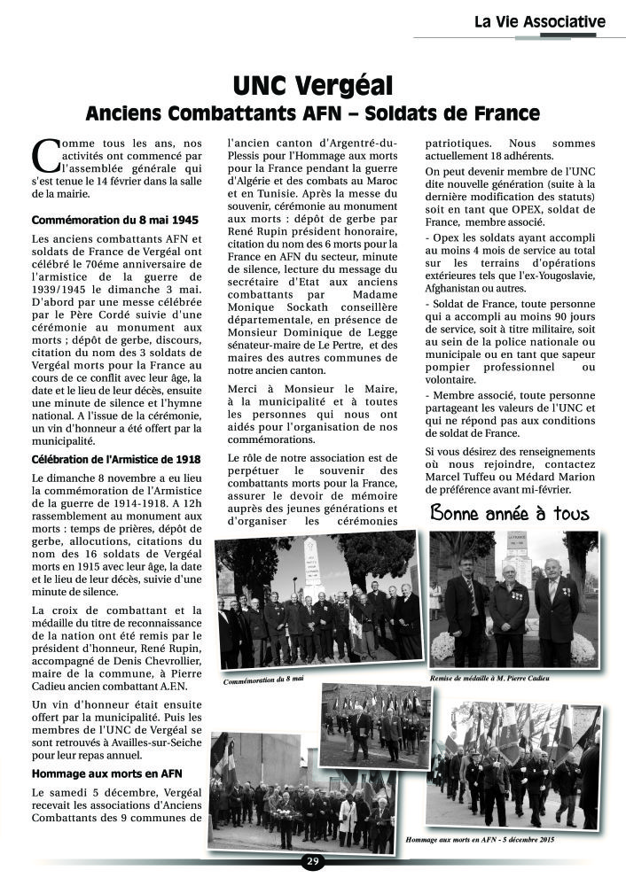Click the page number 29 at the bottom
[x=312, y=861]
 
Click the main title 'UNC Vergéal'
[x=312, y=86]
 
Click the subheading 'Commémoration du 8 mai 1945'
[x=115, y=220]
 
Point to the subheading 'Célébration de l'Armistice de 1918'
[x=116, y=459]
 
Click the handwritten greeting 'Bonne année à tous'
[x=509, y=513]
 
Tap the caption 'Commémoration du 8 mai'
[x=263, y=679]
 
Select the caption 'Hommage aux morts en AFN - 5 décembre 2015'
[x=480, y=838]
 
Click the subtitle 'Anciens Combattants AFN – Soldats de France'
[x=312, y=113]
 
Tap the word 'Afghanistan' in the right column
[x=458, y=288]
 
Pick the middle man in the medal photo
[x=509, y=611]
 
